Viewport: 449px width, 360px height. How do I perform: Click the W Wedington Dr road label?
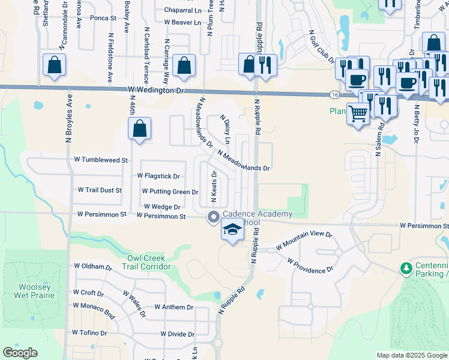tap(155, 90)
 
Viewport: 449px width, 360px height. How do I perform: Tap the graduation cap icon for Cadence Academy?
tap(232, 229)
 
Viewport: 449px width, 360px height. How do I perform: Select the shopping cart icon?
tap(358, 112)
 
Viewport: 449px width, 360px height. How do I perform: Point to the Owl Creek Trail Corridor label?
tap(148, 263)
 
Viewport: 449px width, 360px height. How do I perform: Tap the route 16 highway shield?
tap(333, 95)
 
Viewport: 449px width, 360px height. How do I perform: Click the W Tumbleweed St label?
tap(101, 160)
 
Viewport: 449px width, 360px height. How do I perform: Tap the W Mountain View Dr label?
tap(304, 241)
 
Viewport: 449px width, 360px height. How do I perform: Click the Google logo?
tap(20, 353)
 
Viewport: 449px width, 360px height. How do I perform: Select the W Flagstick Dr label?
tap(158, 176)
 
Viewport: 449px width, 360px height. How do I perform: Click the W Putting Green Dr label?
tap(170, 191)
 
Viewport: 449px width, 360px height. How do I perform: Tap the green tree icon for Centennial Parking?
tap(406, 266)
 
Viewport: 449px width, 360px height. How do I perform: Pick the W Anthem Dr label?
tap(173, 307)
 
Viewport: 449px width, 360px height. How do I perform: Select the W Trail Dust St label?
tap(100, 190)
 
